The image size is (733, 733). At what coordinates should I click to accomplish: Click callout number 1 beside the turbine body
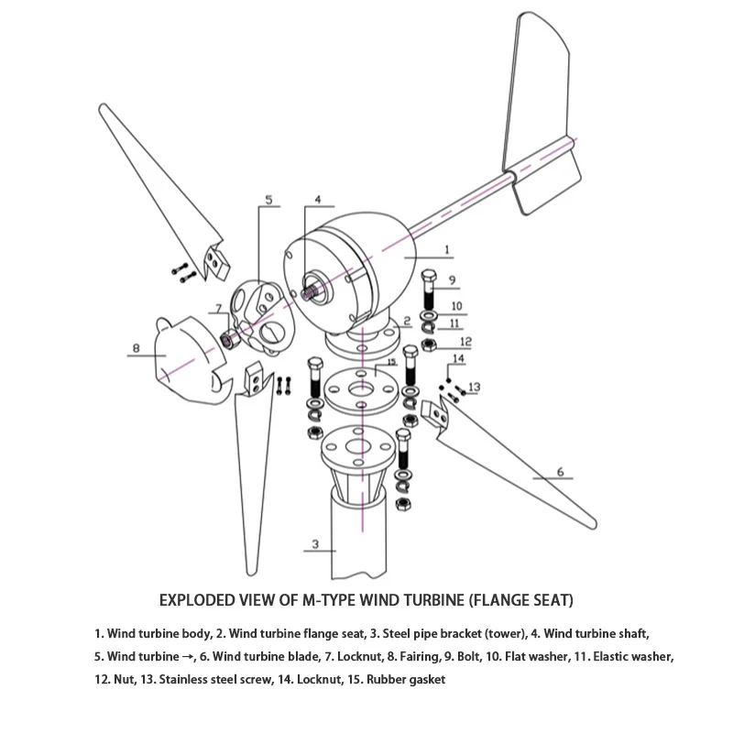pos(446,248)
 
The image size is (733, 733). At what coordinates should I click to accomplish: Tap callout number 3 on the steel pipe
pos(314,543)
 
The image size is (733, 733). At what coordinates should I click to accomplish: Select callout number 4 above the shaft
pos(317,199)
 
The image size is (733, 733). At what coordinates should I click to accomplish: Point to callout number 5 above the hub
pos(269,199)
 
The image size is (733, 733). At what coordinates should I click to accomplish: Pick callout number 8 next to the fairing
pos(137,348)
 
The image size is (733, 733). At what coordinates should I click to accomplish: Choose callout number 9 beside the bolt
pos(452,279)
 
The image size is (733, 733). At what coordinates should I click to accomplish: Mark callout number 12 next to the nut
pos(465,341)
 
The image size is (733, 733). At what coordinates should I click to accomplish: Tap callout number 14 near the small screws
pos(459,358)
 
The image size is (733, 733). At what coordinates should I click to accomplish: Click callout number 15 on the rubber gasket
pos(390,364)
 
